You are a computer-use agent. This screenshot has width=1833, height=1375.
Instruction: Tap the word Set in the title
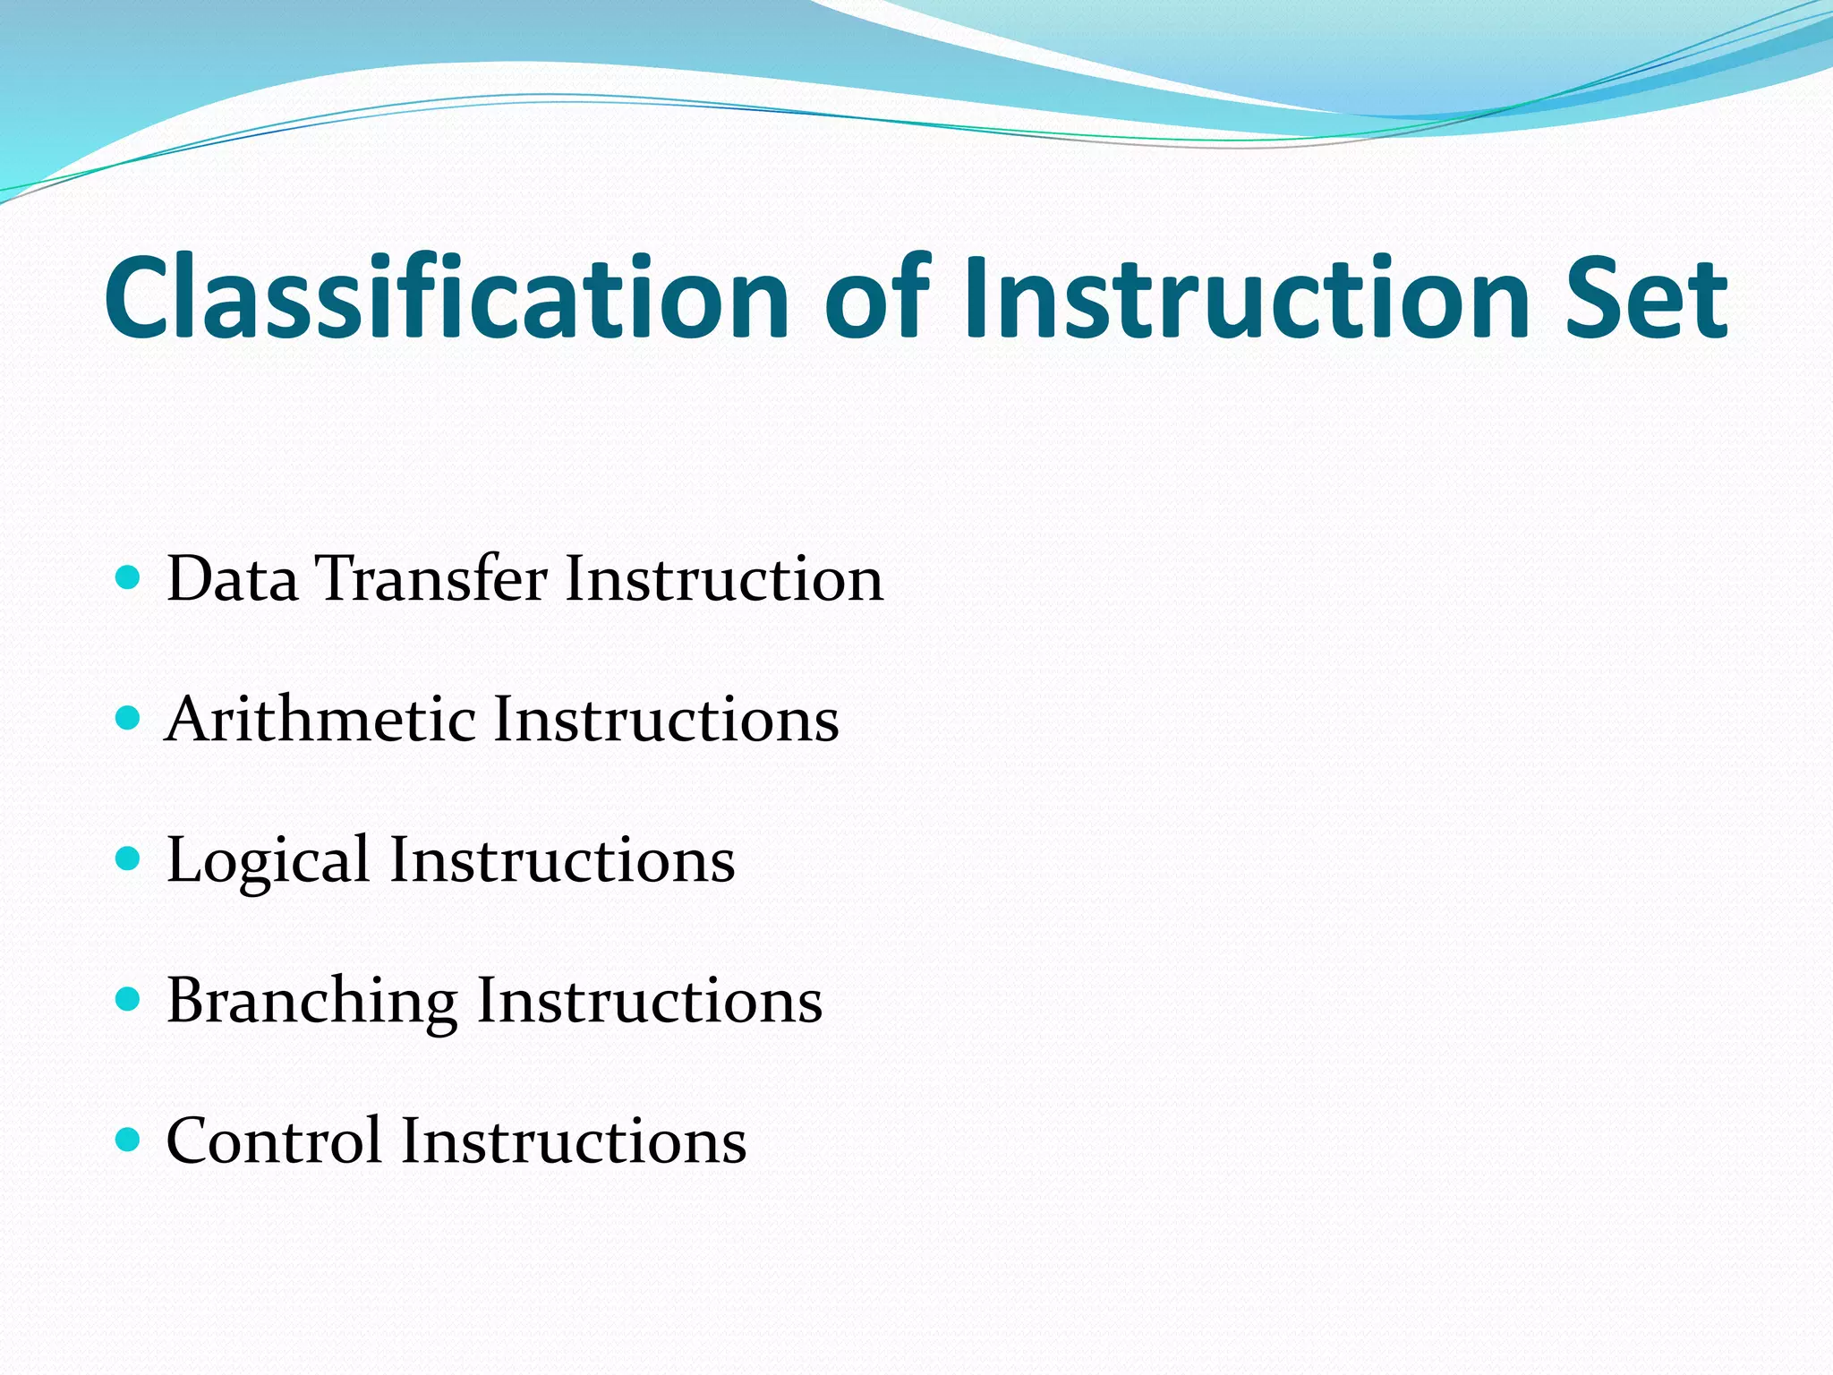(1646, 298)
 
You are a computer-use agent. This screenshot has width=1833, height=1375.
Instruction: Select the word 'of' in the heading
(877, 298)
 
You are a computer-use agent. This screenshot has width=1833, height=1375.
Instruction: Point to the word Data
(232, 578)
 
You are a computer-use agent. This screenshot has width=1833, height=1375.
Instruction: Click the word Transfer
(431, 578)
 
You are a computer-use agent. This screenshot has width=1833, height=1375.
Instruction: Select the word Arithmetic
(320, 719)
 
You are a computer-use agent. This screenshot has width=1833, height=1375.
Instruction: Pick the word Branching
(311, 1001)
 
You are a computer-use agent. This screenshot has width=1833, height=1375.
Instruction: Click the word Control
(274, 1141)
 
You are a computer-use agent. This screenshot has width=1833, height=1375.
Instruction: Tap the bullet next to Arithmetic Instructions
(129, 718)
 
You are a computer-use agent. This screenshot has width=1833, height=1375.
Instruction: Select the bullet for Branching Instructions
(129, 999)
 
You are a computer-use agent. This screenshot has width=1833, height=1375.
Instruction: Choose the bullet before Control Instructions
(129, 1140)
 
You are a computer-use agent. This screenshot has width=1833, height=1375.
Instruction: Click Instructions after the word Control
(574, 1141)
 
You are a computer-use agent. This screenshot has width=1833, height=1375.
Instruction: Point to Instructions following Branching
(649, 1001)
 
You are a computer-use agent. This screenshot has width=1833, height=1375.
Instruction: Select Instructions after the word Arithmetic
(666, 719)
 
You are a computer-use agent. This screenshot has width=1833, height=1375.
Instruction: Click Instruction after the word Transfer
(724, 578)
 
